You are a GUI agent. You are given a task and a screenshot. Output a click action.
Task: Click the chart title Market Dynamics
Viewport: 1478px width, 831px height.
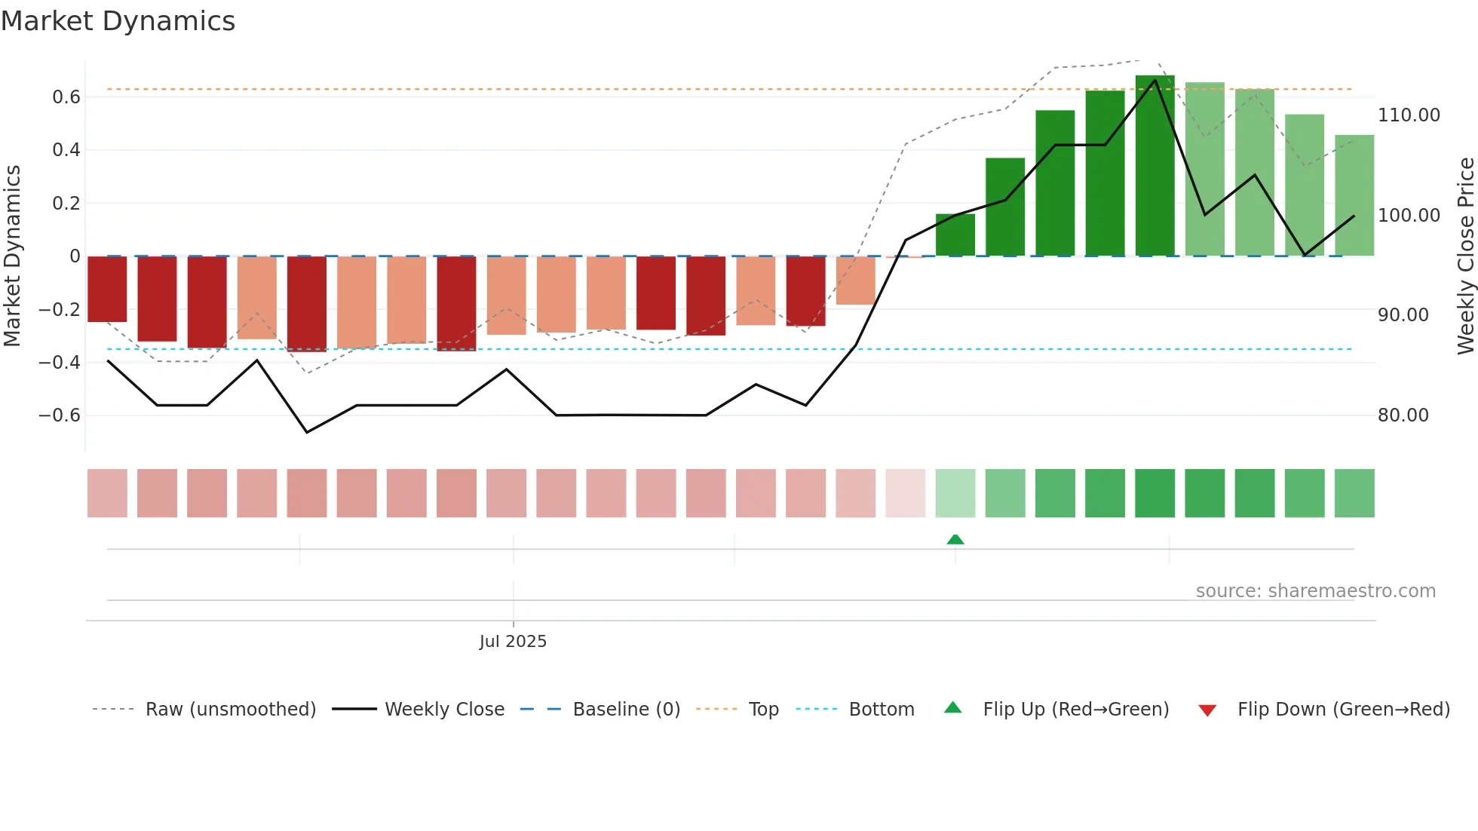click(118, 21)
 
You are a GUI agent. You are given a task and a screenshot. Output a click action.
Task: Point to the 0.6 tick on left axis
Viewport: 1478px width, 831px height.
click(66, 97)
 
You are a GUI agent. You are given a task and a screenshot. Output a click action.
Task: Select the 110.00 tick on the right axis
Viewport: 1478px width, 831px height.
click(1409, 115)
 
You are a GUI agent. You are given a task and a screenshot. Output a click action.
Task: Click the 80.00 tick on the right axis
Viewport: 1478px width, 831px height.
click(1403, 415)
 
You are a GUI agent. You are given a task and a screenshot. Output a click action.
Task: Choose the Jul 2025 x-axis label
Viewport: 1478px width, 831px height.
click(513, 642)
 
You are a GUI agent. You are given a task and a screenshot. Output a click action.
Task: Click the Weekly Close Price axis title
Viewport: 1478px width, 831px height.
click(1465, 256)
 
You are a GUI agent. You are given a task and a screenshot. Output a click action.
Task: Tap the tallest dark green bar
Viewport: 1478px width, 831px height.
click(1154, 166)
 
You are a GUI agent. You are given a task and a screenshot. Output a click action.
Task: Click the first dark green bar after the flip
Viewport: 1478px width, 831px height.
click(955, 235)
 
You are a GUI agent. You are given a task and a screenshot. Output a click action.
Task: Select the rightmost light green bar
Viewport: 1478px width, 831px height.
click(1354, 196)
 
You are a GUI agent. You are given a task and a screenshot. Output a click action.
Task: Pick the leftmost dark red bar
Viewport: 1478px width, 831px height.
click(107, 290)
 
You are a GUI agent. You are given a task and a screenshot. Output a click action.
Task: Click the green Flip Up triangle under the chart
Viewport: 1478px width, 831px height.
click(955, 539)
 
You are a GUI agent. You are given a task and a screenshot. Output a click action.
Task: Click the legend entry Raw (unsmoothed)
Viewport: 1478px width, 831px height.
click(230, 710)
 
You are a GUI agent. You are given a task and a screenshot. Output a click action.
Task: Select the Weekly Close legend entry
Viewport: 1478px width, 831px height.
click(444, 710)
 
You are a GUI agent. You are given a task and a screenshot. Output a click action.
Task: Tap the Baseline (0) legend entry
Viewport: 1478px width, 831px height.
click(626, 710)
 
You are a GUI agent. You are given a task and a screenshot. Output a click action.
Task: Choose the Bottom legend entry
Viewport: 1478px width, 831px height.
click(881, 710)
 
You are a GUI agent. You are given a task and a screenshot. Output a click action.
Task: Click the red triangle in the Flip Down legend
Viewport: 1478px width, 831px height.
click(1207, 710)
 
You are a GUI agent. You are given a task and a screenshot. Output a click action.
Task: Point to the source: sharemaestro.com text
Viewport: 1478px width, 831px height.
click(1315, 591)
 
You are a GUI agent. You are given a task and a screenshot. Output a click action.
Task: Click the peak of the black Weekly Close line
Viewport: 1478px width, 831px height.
click(1154, 80)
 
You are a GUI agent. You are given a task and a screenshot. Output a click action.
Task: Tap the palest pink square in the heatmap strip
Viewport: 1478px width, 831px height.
click(905, 493)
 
